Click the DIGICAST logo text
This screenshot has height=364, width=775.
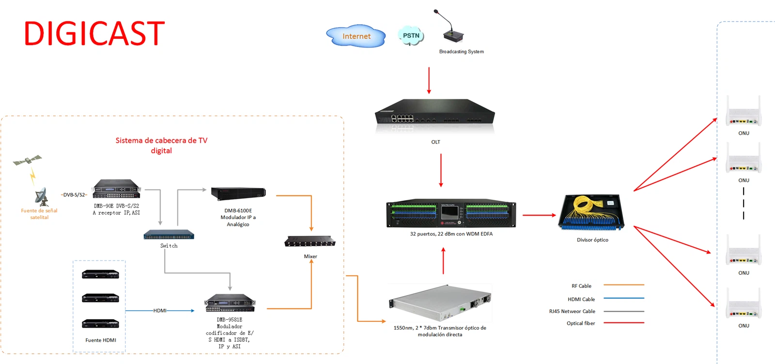coord(94,33)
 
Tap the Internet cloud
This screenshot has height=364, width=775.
coord(356,36)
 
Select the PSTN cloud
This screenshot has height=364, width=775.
coord(411,35)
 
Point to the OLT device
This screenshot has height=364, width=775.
coord(435,115)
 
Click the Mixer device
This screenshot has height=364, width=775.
coord(310,241)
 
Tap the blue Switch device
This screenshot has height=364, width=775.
coord(169,235)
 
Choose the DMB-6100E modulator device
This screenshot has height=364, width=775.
coord(238,193)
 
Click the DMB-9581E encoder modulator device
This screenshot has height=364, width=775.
coord(230,303)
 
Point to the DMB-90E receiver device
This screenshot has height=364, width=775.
coord(116,189)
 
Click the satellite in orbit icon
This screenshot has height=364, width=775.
coord(27,159)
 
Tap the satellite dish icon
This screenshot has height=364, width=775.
coord(42,197)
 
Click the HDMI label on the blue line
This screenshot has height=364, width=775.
coord(160,311)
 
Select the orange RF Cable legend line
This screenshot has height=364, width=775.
coord(623,285)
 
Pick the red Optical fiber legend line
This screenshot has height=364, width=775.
coord(623,323)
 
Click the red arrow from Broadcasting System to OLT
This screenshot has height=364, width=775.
coord(429,80)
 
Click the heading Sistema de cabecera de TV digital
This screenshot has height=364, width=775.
coord(161,145)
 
